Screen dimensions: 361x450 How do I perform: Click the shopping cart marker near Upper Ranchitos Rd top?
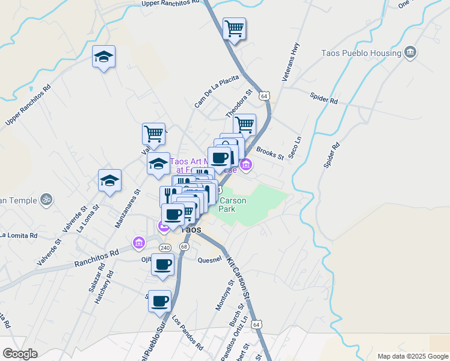(234, 28)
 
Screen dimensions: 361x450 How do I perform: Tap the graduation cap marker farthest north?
(103, 57)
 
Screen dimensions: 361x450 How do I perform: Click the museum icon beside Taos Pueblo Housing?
(410, 53)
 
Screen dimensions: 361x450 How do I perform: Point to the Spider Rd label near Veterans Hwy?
(325, 96)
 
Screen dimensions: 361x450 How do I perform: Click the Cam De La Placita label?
(217, 91)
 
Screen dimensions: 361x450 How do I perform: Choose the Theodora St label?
(239, 103)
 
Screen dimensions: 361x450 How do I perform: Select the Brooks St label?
(270, 153)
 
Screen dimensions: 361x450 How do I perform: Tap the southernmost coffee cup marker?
(159, 301)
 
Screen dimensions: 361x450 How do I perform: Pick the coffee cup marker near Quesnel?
(163, 264)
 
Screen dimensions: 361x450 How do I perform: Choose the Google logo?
(20, 354)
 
